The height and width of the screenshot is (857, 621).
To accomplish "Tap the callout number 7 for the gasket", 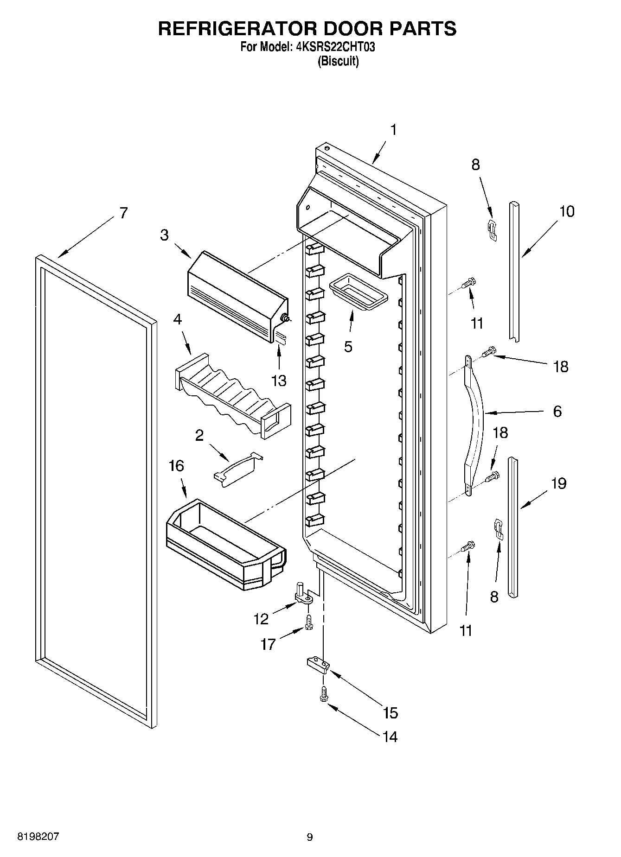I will (x=123, y=213).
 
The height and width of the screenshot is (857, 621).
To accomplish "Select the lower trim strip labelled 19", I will (x=512, y=526).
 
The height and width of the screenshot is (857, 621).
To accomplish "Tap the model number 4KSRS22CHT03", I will (x=335, y=47).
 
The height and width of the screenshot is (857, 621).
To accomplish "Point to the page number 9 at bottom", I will (x=310, y=837).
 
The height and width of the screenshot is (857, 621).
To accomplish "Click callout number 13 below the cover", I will (x=279, y=381).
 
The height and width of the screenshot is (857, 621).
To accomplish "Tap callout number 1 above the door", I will (x=393, y=130).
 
